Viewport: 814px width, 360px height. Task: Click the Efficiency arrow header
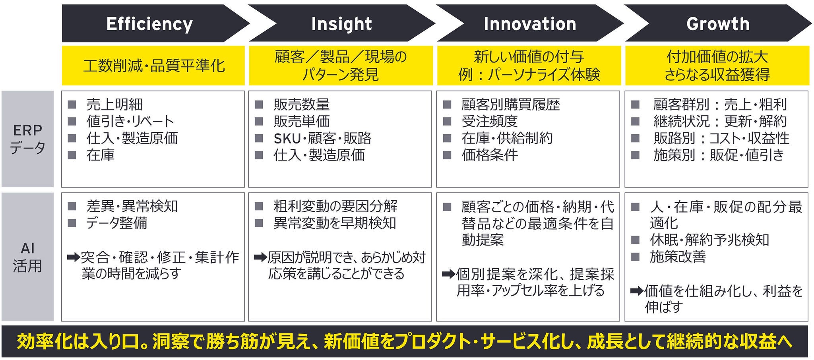coord(149,24)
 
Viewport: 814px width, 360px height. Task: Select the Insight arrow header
coord(341,24)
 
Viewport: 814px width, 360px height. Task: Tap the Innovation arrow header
coord(529,24)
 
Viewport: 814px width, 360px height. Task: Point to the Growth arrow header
coord(718,24)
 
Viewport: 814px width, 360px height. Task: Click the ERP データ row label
coord(27,139)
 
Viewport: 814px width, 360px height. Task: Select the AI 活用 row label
coord(27,257)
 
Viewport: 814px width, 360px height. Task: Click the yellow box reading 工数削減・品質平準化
coord(153,66)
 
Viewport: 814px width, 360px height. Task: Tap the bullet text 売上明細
coord(114,105)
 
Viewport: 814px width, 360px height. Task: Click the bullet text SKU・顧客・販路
coord(322,138)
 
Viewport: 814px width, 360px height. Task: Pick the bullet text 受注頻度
coord(489,121)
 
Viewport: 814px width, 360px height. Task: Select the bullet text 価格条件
coord(490,155)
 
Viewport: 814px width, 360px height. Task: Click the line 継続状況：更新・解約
coord(720,121)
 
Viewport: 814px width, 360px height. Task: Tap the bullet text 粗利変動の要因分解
coord(335,206)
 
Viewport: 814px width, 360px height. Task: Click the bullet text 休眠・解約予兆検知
coord(709,240)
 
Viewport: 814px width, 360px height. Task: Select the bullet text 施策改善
coord(677,257)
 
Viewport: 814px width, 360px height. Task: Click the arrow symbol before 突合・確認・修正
coord(73,257)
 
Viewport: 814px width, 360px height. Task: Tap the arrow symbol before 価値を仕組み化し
coord(637,291)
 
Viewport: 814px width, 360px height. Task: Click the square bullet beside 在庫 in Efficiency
coord(72,155)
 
